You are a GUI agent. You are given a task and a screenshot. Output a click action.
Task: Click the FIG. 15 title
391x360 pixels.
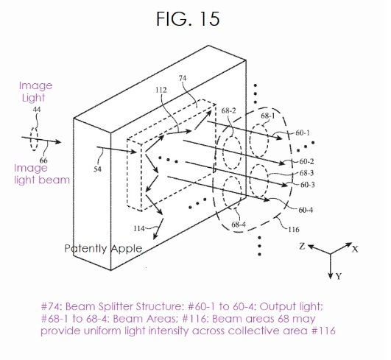[x=188, y=18]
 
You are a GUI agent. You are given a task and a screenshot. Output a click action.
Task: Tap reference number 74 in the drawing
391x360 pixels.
[x=183, y=78]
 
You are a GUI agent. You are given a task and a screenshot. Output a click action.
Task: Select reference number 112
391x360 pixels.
[x=161, y=90]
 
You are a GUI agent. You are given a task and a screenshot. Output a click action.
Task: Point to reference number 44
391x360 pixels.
[x=37, y=109]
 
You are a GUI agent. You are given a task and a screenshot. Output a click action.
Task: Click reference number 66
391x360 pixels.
[x=43, y=160]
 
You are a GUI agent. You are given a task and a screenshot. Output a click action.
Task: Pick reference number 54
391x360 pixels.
[x=97, y=169]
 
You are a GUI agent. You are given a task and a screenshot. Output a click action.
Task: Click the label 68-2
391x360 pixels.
[x=229, y=110]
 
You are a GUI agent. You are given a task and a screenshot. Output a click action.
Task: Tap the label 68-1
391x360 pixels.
[x=268, y=116]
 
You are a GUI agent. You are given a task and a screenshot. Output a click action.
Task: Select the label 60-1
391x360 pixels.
[x=303, y=133]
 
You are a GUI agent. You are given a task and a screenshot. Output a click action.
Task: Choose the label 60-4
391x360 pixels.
[x=306, y=210]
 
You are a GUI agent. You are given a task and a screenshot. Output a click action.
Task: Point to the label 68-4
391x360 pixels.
[x=239, y=225]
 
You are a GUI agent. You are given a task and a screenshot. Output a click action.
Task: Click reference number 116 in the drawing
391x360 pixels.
[x=294, y=229]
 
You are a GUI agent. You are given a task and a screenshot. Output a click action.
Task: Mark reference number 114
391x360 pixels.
[x=139, y=228]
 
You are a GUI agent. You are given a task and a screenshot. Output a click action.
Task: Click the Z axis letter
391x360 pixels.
[x=302, y=247]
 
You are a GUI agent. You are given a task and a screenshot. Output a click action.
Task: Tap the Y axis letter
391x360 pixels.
[x=339, y=276]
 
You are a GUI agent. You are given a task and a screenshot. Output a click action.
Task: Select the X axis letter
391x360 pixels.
[x=355, y=249]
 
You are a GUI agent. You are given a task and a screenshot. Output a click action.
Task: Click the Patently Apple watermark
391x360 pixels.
[x=103, y=249]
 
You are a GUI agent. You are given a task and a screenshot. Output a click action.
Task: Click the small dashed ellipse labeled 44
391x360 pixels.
[x=34, y=139]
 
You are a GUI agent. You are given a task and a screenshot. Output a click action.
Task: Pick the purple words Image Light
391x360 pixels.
[x=35, y=92]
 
